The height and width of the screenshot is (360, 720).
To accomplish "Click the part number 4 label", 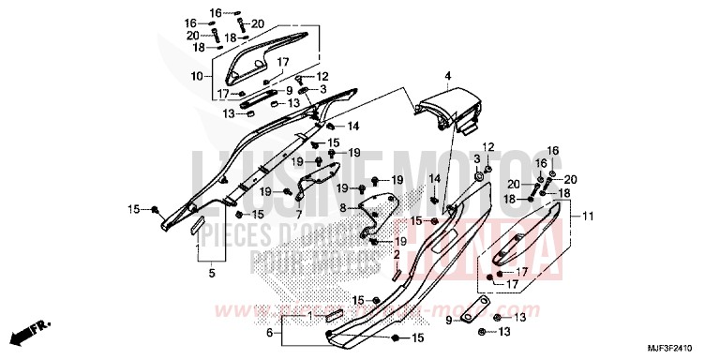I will tap(448, 75).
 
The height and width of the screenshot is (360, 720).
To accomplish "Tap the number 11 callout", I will tap(589, 217).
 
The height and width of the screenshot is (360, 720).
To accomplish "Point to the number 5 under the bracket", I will tap(212, 273).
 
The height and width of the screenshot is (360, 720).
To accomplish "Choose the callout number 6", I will tap(269, 333).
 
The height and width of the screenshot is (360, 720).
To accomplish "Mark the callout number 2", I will tap(397, 254).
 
